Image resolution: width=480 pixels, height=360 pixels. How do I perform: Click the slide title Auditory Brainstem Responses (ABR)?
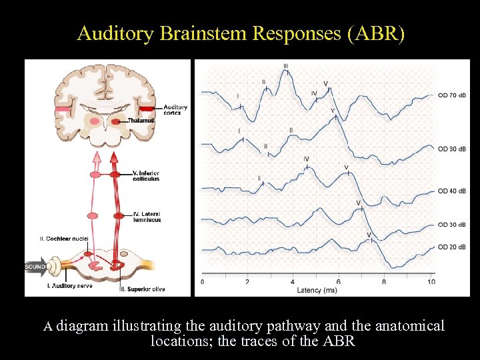(240, 33)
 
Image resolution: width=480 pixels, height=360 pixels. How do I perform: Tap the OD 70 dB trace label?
(452, 95)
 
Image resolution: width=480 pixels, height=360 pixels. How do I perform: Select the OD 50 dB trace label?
(452, 149)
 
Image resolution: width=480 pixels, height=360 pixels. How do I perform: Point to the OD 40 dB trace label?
(452, 191)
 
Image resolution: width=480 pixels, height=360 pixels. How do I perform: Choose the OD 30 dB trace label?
(452, 225)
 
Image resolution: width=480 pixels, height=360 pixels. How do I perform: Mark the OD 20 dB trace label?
(452, 247)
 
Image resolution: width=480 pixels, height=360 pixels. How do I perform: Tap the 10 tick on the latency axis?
(431, 282)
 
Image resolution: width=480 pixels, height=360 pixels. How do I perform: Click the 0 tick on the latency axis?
(203, 282)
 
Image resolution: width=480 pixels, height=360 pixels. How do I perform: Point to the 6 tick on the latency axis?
(339, 282)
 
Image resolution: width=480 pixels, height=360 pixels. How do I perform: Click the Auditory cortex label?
(175, 110)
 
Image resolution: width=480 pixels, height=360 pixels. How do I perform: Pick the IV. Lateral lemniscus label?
(147, 217)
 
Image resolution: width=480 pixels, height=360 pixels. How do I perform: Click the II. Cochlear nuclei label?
(63, 238)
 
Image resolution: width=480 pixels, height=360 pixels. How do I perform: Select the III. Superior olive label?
(142, 289)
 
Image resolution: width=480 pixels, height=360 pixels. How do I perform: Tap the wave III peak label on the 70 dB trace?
(286, 65)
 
